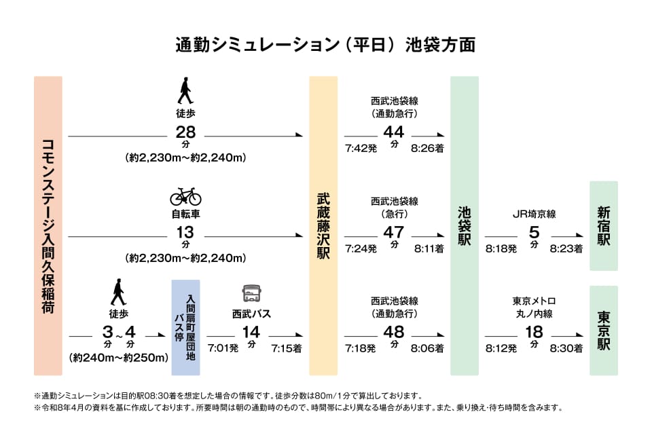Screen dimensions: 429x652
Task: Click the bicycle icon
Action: pyautogui.click(x=185, y=196)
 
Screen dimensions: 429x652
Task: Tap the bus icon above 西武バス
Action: pyautogui.click(x=251, y=294)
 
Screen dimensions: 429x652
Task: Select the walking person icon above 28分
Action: pyautogui.click(x=185, y=90)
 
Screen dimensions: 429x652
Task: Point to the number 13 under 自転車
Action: pyautogui.click(x=185, y=232)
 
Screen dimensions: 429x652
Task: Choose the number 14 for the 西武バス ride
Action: pyautogui.click(x=251, y=332)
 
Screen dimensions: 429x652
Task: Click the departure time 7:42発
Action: pyautogui.click(x=361, y=148)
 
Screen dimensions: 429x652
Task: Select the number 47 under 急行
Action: pyautogui.click(x=394, y=232)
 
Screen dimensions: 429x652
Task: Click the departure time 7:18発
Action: pyautogui.click(x=361, y=348)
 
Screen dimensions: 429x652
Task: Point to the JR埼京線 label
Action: pyautogui.click(x=534, y=213)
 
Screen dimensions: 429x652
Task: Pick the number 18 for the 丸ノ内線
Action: pyautogui.click(x=534, y=332)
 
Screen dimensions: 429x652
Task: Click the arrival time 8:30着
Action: pyautogui.click(x=566, y=348)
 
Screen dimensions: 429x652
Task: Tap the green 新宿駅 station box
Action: pyautogui.click(x=604, y=225)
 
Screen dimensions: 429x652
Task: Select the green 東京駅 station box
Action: pyautogui.click(x=604, y=331)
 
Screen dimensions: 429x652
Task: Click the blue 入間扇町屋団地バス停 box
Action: pyautogui.click(x=185, y=327)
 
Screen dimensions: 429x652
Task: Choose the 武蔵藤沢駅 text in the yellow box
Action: pyautogui.click(x=323, y=225)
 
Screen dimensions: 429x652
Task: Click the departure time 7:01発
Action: pyautogui.click(x=223, y=348)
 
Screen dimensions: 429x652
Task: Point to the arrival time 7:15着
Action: pyautogui.click(x=286, y=348)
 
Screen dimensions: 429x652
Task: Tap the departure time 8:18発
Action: pyautogui.click(x=501, y=249)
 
